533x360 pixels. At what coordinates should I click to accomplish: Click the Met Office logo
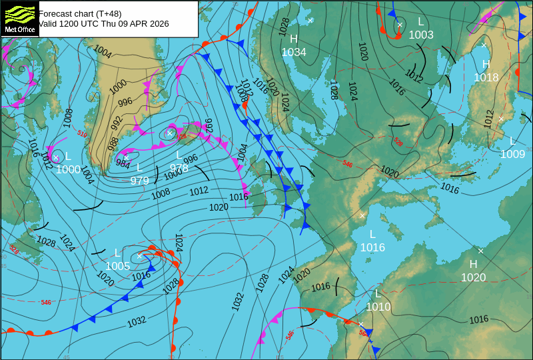click(19, 19)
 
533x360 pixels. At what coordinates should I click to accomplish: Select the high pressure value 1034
click(294, 52)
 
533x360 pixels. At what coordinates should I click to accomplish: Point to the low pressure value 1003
click(421, 35)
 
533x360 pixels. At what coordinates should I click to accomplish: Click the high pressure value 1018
click(486, 77)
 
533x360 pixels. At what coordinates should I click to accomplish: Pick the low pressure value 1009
click(513, 154)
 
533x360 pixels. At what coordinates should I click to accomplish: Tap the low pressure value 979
click(139, 181)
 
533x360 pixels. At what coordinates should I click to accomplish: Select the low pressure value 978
click(179, 168)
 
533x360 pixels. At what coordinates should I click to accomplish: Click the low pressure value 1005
click(118, 266)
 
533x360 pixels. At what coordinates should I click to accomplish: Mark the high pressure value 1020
click(474, 277)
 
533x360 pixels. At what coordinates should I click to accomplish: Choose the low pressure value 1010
click(378, 307)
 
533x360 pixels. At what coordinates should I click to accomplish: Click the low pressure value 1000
click(68, 169)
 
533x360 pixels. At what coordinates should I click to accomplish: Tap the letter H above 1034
click(294, 39)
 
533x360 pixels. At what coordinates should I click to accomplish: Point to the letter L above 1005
click(118, 253)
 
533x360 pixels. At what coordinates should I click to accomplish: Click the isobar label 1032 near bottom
click(137, 321)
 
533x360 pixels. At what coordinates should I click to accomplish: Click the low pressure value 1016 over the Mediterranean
click(372, 247)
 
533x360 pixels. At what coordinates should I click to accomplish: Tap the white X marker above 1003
click(400, 25)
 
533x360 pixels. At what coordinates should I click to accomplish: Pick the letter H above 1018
click(486, 64)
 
